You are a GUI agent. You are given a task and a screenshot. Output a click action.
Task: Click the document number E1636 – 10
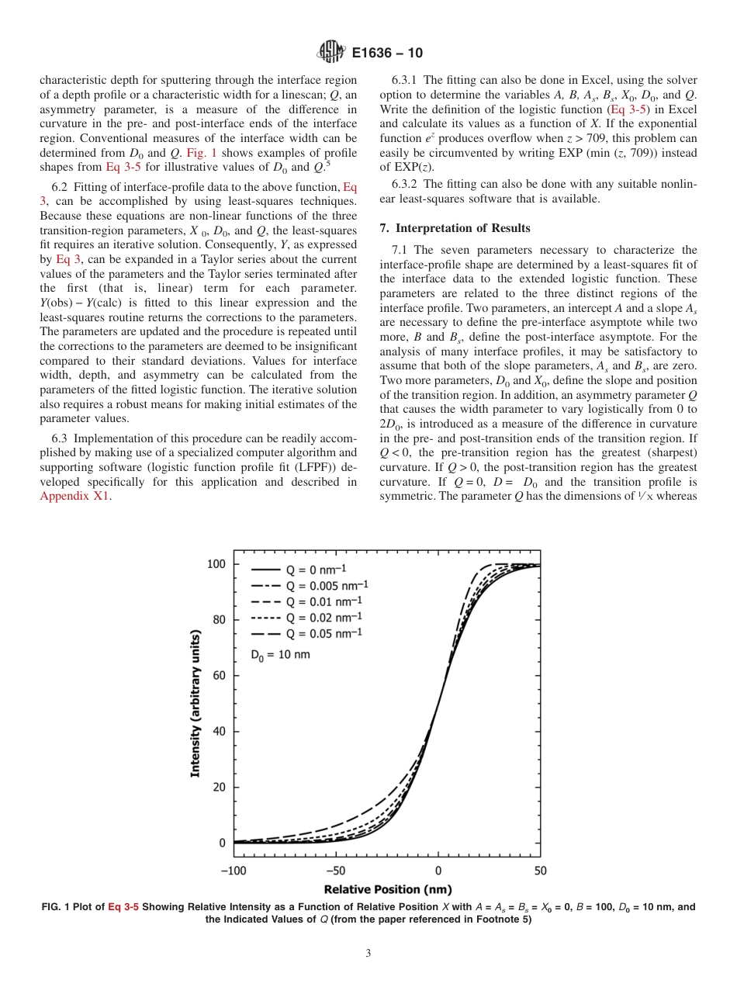(x=387, y=54)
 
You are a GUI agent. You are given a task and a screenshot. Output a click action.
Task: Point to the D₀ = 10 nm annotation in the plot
(x=280, y=655)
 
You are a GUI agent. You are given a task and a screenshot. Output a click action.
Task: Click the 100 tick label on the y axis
(x=216, y=564)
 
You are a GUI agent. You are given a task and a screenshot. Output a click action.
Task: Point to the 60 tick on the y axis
(x=220, y=676)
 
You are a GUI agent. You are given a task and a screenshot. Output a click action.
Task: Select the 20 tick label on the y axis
(x=220, y=788)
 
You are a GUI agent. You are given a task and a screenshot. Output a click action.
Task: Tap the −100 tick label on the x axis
(x=234, y=871)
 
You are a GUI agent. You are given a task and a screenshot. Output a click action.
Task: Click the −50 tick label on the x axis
(x=336, y=871)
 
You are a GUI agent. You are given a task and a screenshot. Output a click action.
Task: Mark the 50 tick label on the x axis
(x=541, y=871)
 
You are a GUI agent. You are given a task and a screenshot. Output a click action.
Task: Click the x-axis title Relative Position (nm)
(x=387, y=889)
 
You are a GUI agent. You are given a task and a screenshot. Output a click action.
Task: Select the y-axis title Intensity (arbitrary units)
(x=195, y=704)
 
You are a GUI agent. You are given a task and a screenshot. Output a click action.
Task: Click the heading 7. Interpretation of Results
(x=455, y=228)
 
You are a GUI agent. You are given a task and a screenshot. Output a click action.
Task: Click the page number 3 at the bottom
(x=368, y=954)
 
